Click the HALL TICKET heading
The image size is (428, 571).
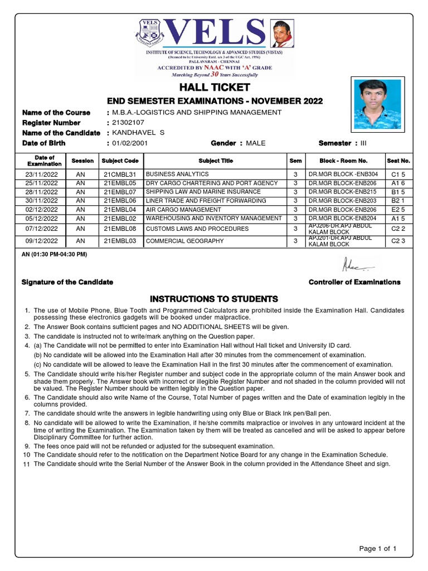(214, 88)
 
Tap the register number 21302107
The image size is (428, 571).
(129, 123)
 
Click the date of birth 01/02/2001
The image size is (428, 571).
(130, 143)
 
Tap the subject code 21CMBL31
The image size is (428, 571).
(120, 175)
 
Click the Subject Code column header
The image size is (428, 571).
(120, 161)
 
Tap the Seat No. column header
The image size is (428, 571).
(398, 161)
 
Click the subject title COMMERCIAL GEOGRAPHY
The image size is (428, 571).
(184, 241)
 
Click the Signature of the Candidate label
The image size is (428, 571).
(67, 282)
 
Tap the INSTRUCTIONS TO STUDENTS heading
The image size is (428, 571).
(214, 299)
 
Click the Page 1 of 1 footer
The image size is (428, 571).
(378, 549)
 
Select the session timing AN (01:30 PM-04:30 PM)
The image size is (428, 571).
(54, 254)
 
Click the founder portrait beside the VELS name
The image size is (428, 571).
(283, 33)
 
